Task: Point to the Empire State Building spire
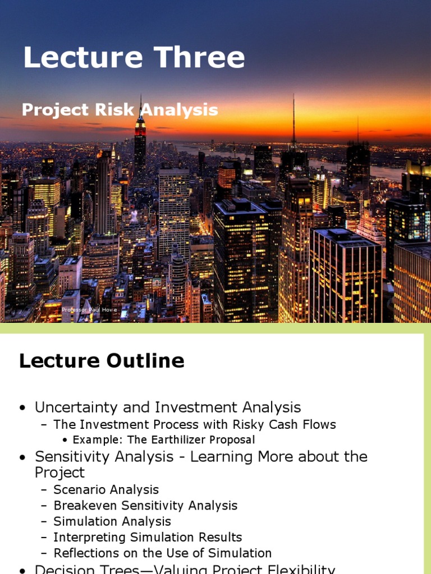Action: pyautogui.click(x=140, y=107)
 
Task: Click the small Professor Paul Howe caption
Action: pyautogui.click(x=89, y=309)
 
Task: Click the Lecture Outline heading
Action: pyautogui.click(x=102, y=361)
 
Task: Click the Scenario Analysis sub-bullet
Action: pyautogui.click(x=106, y=489)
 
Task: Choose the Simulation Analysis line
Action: pyautogui.click(x=112, y=522)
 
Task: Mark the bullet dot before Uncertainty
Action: pyautogui.click(x=22, y=408)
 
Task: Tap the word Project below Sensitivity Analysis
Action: pyautogui.click(x=59, y=473)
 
